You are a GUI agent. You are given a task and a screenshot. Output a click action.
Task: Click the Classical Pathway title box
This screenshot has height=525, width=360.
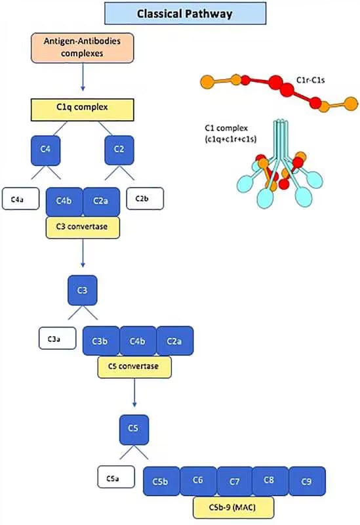185,13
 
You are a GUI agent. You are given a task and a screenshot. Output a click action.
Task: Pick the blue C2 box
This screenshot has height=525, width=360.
120,150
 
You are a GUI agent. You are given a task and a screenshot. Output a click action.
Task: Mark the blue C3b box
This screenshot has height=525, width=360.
100,341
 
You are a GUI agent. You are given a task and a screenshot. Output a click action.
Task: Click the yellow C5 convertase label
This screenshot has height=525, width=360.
134,367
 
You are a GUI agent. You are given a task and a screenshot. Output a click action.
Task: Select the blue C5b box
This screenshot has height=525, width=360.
161,480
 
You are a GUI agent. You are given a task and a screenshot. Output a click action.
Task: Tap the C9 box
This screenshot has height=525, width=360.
307,480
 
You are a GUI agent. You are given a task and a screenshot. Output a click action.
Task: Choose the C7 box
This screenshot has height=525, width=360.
234,480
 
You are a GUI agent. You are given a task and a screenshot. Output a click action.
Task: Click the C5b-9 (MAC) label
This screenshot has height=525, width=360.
234,507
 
